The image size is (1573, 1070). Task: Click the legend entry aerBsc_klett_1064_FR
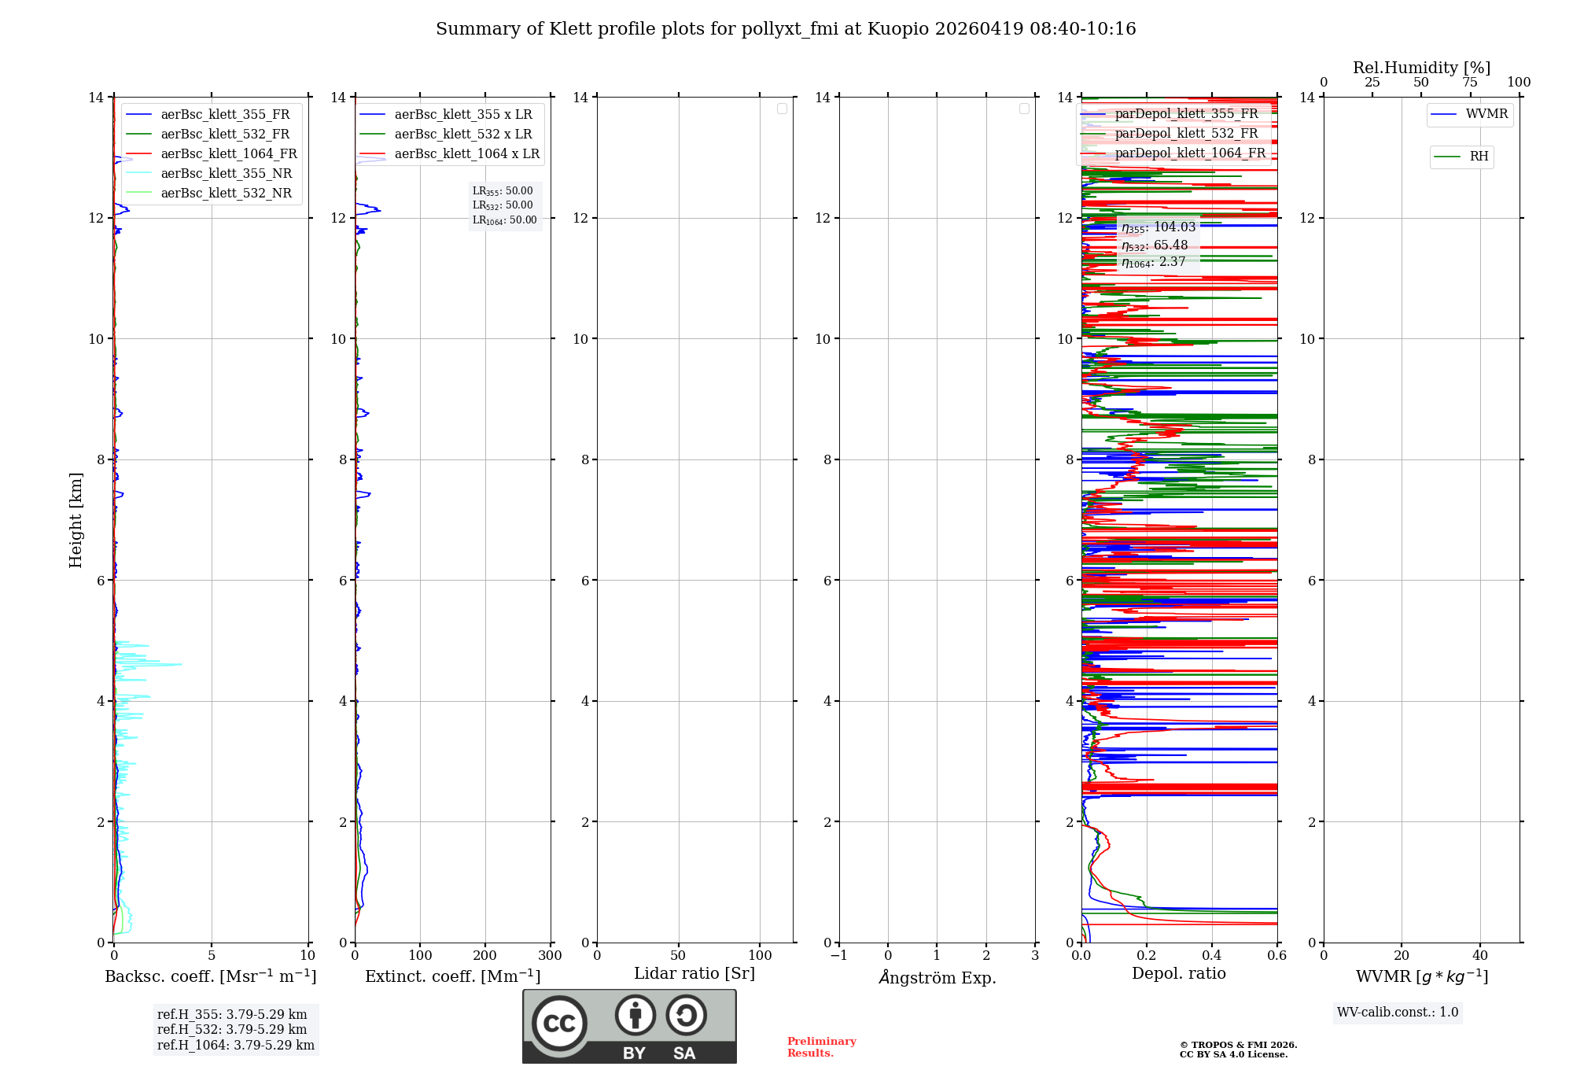pos(228,154)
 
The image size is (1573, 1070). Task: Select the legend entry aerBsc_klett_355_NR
pos(226,174)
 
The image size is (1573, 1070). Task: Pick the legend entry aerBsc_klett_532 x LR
pos(462,135)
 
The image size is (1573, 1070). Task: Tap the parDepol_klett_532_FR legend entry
pos(1186,134)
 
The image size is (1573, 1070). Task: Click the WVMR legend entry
pos(1486,114)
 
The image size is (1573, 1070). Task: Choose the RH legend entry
pos(1479,157)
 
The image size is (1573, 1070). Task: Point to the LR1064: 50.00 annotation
pos(504,220)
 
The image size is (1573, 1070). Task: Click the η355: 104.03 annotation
pos(1158,227)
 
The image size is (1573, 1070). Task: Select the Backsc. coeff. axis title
pos(210,976)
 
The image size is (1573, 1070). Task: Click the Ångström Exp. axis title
pos(937,977)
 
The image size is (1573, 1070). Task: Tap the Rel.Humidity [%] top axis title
pos(1421,68)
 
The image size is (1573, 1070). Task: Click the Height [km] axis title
pos(76,519)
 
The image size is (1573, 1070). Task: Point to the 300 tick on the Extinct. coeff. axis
pos(550,956)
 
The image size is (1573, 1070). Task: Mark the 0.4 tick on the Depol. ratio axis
pos(1211,956)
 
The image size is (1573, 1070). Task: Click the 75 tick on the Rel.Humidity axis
pos(1469,83)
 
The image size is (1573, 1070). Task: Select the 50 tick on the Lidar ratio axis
pos(678,956)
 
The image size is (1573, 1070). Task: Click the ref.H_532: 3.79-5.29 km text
pos(231,1030)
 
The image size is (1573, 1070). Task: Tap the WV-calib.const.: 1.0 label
pos(1398,1013)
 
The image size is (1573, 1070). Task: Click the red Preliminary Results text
pos(821,1047)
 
